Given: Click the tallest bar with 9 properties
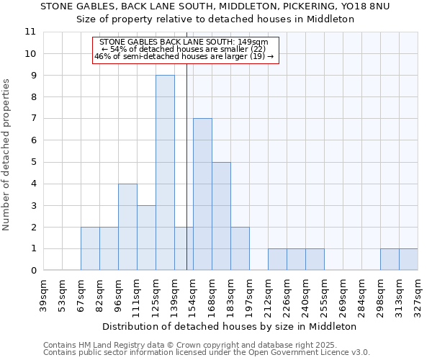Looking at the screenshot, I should click(x=165, y=173).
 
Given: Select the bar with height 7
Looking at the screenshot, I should click(x=202, y=194).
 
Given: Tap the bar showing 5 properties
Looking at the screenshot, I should click(x=221, y=216).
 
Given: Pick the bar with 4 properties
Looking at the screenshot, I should click(x=127, y=227).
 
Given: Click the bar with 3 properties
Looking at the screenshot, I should click(x=146, y=238).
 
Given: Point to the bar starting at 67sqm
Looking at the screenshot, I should click(x=90, y=248).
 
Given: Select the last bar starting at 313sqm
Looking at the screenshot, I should click(x=408, y=259).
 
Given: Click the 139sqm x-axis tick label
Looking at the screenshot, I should click(x=175, y=294).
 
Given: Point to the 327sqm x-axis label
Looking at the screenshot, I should click(x=418, y=294).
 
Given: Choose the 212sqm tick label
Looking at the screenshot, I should click(x=269, y=294).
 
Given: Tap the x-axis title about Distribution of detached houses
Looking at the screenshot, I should click(x=230, y=326).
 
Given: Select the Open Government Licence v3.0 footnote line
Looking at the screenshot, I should click(x=207, y=353).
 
